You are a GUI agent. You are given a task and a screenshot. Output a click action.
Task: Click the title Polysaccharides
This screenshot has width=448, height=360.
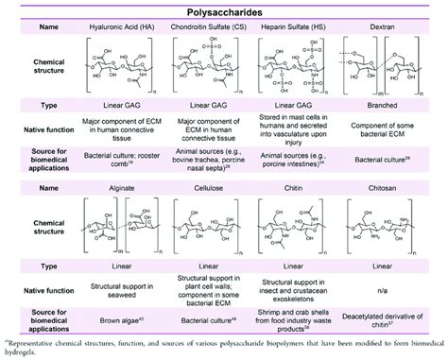click(x=223, y=9)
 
